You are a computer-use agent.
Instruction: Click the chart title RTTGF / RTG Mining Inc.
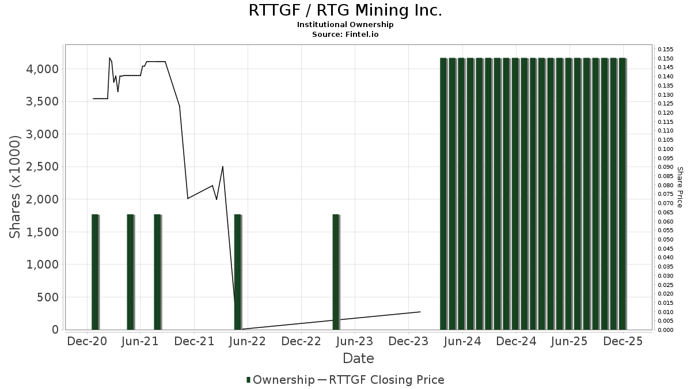345,10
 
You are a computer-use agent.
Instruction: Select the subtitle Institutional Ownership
345,25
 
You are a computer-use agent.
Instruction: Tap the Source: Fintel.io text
345,35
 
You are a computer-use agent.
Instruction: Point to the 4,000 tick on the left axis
42,69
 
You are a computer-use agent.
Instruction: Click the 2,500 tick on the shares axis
42,167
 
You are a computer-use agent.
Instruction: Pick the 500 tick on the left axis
48,297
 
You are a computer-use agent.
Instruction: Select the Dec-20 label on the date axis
88,341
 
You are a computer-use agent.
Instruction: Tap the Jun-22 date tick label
247,341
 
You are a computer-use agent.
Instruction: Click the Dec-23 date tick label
408,341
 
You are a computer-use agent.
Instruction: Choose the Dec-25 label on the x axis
623,341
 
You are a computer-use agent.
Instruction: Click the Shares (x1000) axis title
16,187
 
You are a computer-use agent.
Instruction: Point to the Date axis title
358,358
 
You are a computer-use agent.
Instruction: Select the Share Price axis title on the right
679,187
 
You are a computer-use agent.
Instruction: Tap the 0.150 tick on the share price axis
665,58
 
